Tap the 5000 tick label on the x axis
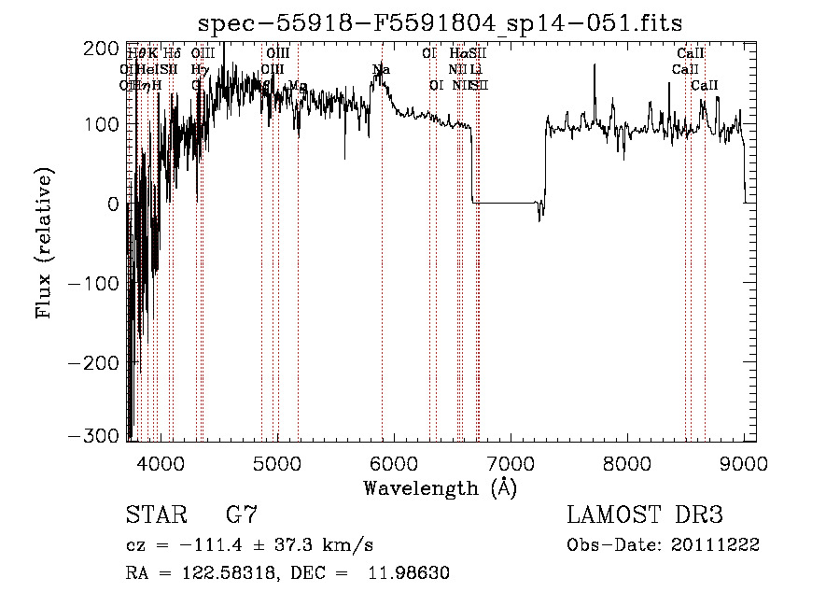click(276, 463)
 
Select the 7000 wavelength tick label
click(511, 463)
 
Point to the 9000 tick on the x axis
click(744, 463)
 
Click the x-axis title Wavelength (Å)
click(441, 487)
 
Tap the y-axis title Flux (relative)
click(45, 242)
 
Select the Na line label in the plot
click(381, 70)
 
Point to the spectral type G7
click(242, 514)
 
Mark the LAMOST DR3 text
click(645, 514)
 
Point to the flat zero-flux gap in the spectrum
click(504, 203)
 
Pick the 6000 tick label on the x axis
click(393, 463)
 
